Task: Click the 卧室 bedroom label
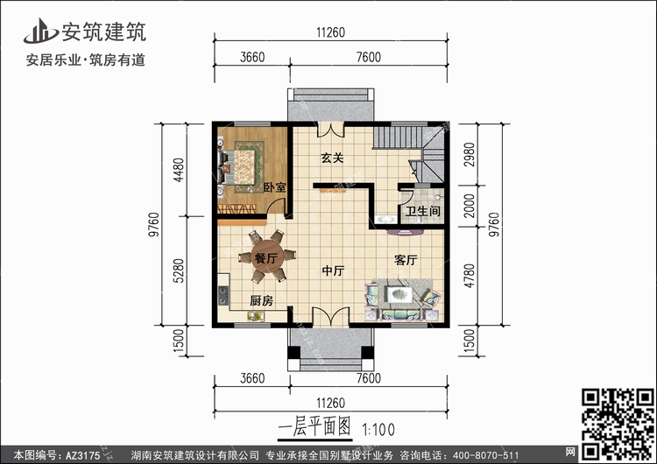(x=275, y=187)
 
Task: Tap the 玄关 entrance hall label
(x=332, y=158)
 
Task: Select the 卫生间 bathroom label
(x=422, y=211)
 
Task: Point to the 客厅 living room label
(x=406, y=260)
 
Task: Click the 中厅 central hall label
(x=333, y=271)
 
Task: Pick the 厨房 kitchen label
(x=261, y=300)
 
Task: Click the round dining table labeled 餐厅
(x=267, y=257)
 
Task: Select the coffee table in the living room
(x=399, y=294)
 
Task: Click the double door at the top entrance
(x=331, y=130)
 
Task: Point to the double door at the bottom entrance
(x=331, y=317)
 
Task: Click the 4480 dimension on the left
(x=179, y=170)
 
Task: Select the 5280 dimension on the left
(x=179, y=271)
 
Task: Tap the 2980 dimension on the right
(x=470, y=154)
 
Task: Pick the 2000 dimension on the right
(x=470, y=206)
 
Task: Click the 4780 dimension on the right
(x=470, y=276)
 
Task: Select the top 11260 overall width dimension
(x=330, y=32)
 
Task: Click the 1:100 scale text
(x=378, y=430)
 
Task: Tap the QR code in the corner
(x=618, y=425)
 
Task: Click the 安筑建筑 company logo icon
(x=40, y=31)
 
